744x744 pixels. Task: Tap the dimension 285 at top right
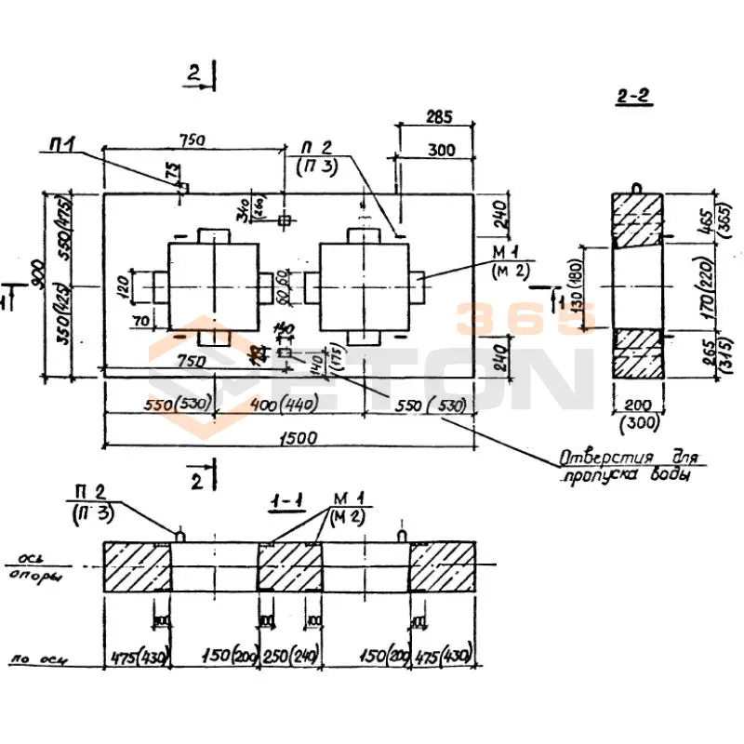click(438, 118)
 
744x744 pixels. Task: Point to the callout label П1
click(62, 144)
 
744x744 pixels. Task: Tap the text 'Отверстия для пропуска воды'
click(631, 467)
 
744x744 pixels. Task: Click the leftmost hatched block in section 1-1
click(137, 565)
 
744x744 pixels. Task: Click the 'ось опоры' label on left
click(35, 568)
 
